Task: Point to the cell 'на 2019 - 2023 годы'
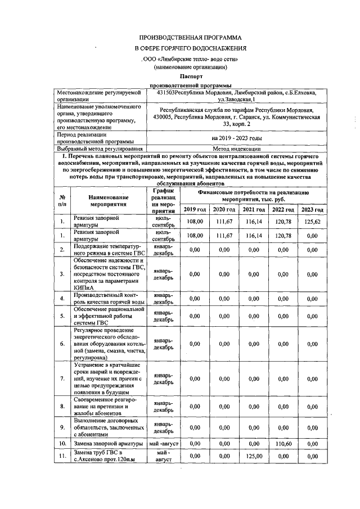236,138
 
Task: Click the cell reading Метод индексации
236,148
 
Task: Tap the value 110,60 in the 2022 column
282,444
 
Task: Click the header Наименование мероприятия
108,201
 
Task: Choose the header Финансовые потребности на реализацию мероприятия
253,196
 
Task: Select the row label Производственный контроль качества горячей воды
108,299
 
